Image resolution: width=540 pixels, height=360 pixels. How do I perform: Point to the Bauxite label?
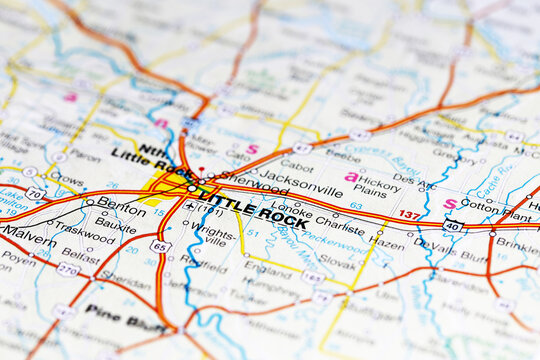click(x=115, y=228)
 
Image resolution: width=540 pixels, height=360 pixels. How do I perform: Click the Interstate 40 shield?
click(x=452, y=226)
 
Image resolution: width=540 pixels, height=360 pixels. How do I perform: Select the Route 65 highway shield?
click(x=160, y=246)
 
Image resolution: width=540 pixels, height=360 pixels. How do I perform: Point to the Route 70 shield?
click(x=34, y=192)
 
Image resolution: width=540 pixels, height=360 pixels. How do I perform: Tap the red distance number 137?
click(x=409, y=214)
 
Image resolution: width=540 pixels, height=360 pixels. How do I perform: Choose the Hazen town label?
click(x=387, y=243)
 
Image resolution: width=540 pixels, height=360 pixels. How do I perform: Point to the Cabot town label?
click(x=296, y=168)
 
